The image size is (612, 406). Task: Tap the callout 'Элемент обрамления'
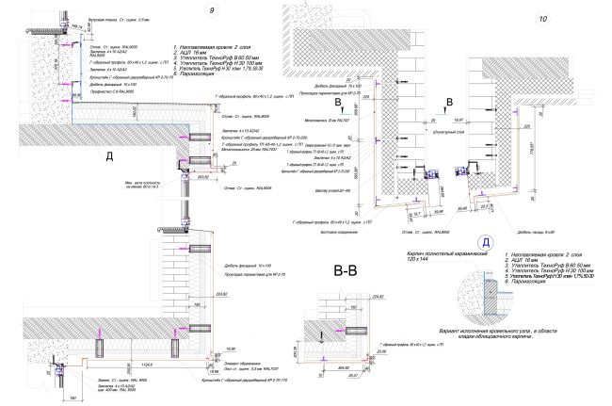tap(245, 364)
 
